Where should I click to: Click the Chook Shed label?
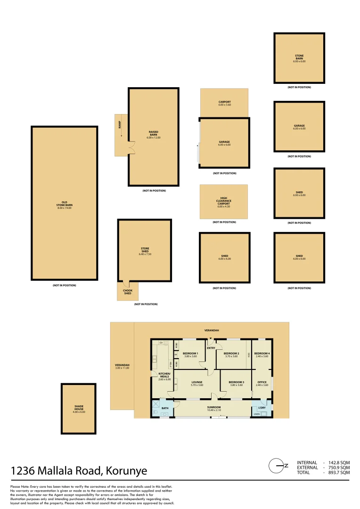coord(127,292)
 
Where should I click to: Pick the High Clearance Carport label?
coord(224,201)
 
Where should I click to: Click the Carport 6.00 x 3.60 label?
coord(224,103)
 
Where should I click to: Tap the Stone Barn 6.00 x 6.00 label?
coord(299,58)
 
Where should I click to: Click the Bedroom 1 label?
coord(190,354)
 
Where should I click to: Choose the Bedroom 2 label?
coord(231,354)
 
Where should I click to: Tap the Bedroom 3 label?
coord(236,383)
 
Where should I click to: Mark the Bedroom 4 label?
coord(262,354)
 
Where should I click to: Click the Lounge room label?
coord(196,383)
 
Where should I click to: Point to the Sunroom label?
coord(213,408)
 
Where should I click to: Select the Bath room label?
coord(165,408)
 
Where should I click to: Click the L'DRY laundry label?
coord(262,408)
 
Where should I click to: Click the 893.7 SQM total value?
coord(339,472)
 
